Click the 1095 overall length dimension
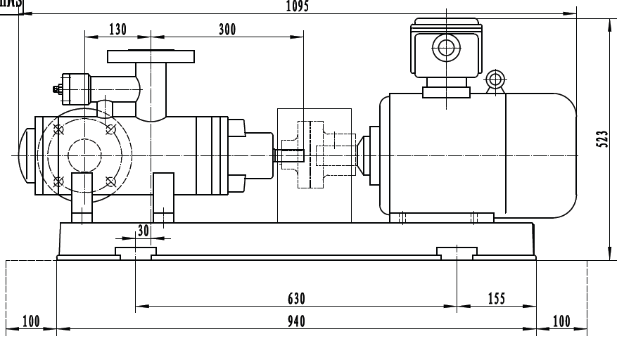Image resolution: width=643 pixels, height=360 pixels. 298,6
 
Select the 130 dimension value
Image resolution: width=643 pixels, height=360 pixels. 117,29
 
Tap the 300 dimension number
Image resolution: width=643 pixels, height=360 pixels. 227,29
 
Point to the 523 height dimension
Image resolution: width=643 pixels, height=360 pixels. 601,139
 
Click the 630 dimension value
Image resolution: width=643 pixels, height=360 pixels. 296,299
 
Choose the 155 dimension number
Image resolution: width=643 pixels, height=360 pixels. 496,299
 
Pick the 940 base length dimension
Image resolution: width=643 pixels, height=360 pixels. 296,321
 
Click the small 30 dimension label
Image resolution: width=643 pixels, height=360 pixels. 144,230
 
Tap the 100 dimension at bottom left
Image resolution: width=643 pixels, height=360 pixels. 31,321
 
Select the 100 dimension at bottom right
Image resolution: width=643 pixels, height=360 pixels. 561,321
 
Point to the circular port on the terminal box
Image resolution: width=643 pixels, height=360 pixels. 445,49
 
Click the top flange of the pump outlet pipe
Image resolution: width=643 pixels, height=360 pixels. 151,56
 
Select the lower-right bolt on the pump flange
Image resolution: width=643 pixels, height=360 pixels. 110,181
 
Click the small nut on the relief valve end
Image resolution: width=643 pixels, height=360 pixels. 56,89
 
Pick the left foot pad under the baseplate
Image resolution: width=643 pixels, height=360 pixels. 136,252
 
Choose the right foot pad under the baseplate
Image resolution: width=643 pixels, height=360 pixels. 457,252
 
